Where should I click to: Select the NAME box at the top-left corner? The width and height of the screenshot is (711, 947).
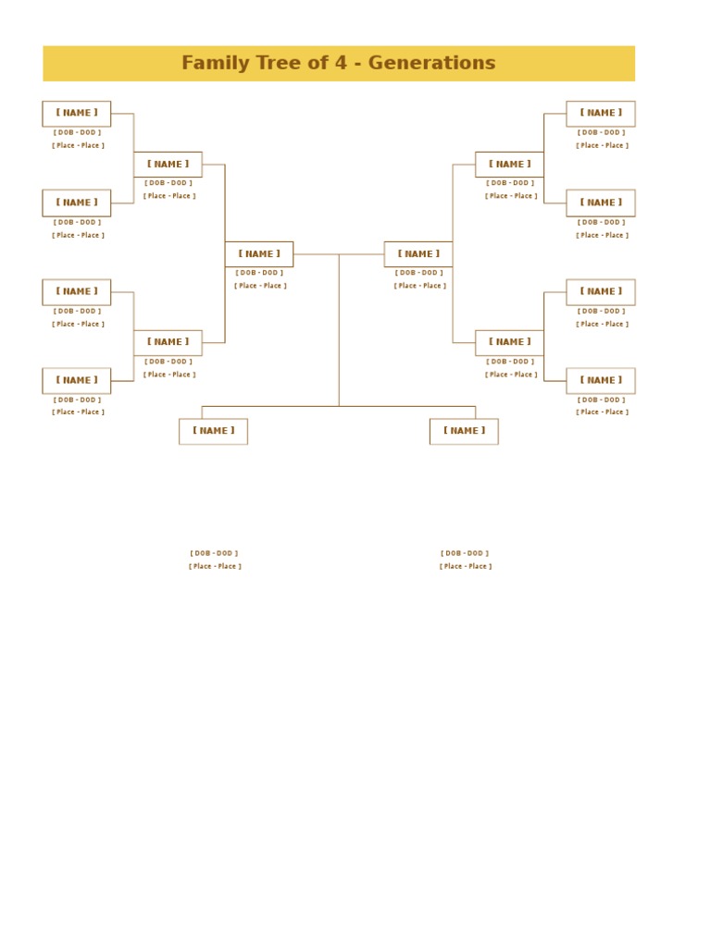(x=76, y=114)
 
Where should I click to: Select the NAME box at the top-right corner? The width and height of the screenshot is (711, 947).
(x=601, y=114)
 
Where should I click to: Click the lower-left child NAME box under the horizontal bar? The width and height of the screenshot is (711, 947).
(x=213, y=431)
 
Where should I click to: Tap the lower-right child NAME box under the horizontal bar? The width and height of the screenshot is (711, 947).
(x=464, y=431)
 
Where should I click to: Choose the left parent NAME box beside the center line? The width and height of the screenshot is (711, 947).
(x=258, y=254)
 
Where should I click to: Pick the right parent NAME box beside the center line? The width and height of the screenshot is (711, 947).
(x=418, y=254)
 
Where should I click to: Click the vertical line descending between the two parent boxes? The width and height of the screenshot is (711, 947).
(x=339, y=333)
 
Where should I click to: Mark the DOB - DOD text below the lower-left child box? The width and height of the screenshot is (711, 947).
(x=214, y=553)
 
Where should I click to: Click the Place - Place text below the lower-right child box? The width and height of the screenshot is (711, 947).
(x=465, y=566)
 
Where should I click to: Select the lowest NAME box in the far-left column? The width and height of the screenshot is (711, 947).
(x=76, y=381)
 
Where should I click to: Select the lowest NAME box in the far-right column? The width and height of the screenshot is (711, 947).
(x=601, y=381)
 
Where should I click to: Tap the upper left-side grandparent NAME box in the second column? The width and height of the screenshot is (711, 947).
(x=168, y=165)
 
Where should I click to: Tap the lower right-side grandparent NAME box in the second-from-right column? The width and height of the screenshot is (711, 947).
(x=509, y=343)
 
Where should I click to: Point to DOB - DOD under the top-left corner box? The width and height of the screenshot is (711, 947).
(x=77, y=132)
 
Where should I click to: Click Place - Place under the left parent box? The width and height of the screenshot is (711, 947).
(x=260, y=286)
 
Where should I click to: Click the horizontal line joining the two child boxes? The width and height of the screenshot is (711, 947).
(x=278, y=406)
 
